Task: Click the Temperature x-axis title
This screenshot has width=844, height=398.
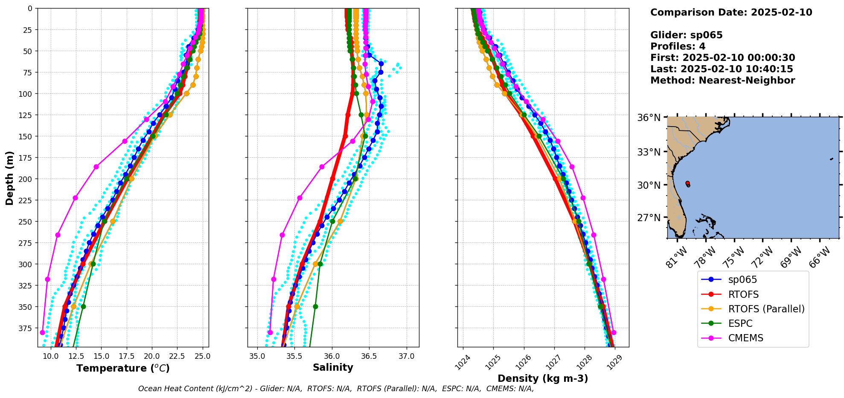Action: (123, 368)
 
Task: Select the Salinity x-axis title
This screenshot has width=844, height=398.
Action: (333, 367)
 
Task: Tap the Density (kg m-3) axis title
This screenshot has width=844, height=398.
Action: (543, 378)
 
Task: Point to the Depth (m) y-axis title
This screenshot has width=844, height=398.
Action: (9, 178)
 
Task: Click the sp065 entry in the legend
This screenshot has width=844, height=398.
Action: (742, 280)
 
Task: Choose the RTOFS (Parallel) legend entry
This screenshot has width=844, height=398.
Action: (766, 309)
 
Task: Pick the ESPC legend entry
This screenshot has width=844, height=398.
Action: (740, 323)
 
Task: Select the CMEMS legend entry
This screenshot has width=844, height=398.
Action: (745, 338)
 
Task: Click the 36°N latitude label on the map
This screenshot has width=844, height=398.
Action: (649, 118)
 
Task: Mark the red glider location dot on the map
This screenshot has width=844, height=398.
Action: (687, 183)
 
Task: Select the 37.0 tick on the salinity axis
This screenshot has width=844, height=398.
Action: (407, 356)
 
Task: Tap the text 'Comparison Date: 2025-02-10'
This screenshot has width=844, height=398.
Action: (731, 12)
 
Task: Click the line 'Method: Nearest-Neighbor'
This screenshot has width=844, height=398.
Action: (722, 81)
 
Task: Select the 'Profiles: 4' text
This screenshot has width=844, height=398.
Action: (678, 46)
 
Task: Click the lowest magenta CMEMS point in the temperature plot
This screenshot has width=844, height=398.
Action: (42, 332)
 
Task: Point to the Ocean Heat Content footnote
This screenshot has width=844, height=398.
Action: (336, 389)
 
